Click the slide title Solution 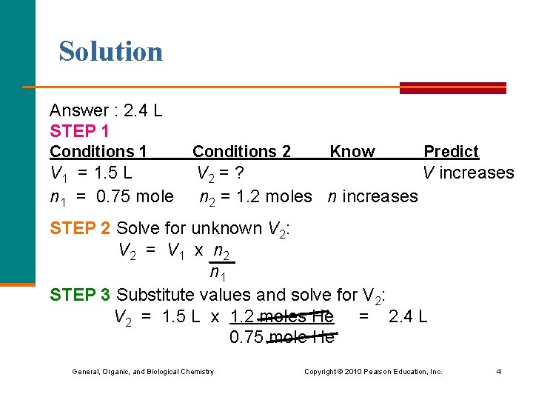pos(111,51)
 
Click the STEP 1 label pos(79,131)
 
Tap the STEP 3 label pos(80,295)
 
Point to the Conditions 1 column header pos(98,151)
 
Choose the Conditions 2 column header pos(241,151)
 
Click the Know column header pos(352,151)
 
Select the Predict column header pos(451,151)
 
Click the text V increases pos(468,173)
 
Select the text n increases pos(372,196)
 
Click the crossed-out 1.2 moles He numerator pos(281,317)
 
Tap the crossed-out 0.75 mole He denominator pos(281,339)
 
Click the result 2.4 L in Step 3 pos(407,317)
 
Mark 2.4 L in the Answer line pos(144,111)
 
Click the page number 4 pos(498,371)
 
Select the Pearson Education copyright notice pos(373,371)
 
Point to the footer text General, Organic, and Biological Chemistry pos(143,371)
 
